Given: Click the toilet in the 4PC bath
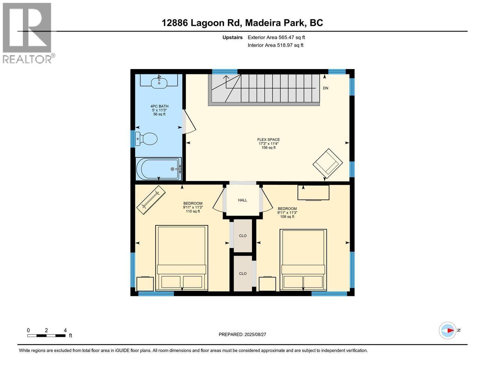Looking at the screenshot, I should (x=147, y=139).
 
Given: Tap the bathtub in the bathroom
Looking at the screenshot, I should (x=159, y=169).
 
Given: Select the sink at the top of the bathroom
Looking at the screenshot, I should (x=160, y=82).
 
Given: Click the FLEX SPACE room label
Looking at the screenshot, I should (x=268, y=140).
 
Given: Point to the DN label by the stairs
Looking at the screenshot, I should (x=325, y=88).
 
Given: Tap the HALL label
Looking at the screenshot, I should (x=242, y=200).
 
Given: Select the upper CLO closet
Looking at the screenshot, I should (x=243, y=235).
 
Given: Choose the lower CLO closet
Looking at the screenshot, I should (x=243, y=273).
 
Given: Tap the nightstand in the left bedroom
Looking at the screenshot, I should (x=145, y=284).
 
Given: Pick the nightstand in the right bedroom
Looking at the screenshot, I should (x=267, y=284).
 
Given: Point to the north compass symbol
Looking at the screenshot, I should (x=448, y=330).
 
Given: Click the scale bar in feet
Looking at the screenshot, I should (x=47, y=335).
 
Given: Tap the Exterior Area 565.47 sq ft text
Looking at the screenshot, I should (x=276, y=37).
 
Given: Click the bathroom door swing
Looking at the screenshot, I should (x=189, y=122).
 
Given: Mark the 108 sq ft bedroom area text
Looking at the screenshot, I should (x=287, y=216).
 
